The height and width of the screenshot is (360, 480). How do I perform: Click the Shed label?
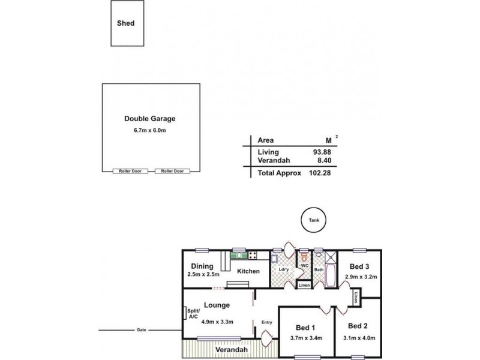point(125,23)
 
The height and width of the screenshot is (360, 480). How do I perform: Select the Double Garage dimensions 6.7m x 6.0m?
point(149,130)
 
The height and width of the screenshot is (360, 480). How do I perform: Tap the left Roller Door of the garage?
point(130,171)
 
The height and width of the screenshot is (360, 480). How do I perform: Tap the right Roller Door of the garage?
point(172,171)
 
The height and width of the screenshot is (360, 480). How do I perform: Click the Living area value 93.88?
point(322,152)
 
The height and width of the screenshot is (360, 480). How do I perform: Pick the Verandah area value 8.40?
point(324,160)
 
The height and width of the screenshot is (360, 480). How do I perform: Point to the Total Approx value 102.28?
point(320,173)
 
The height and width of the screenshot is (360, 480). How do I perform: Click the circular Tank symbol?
point(314,220)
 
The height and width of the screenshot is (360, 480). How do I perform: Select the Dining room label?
point(202,266)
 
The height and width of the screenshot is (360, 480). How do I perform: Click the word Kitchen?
point(248,271)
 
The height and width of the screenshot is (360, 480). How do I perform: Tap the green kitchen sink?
point(239,256)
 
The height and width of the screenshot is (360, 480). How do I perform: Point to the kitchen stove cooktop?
point(253,256)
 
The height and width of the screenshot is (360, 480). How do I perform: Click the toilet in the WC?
point(304,256)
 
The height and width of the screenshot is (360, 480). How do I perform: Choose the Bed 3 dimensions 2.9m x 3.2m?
point(361,277)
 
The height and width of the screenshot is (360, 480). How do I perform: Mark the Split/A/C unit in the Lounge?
point(185,313)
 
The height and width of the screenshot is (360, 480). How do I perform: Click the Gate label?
point(141,330)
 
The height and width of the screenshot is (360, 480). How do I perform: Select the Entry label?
point(266,322)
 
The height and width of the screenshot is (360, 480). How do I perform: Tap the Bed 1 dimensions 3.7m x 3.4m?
point(306,338)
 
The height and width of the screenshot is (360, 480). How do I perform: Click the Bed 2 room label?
point(358,326)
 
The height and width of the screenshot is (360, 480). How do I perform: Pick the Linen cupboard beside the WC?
point(304,285)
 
